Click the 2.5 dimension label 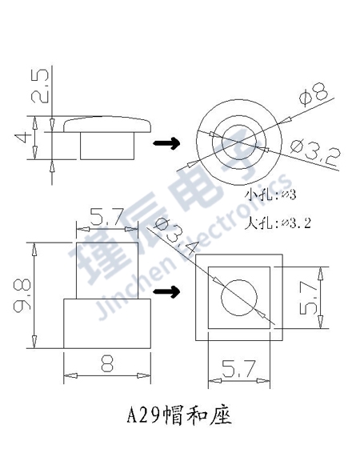(x=39, y=86)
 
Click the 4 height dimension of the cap (x=22, y=138)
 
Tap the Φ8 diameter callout (x=314, y=94)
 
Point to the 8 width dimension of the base (x=107, y=364)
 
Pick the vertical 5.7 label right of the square (x=309, y=298)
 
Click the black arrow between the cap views (x=166, y=142)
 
